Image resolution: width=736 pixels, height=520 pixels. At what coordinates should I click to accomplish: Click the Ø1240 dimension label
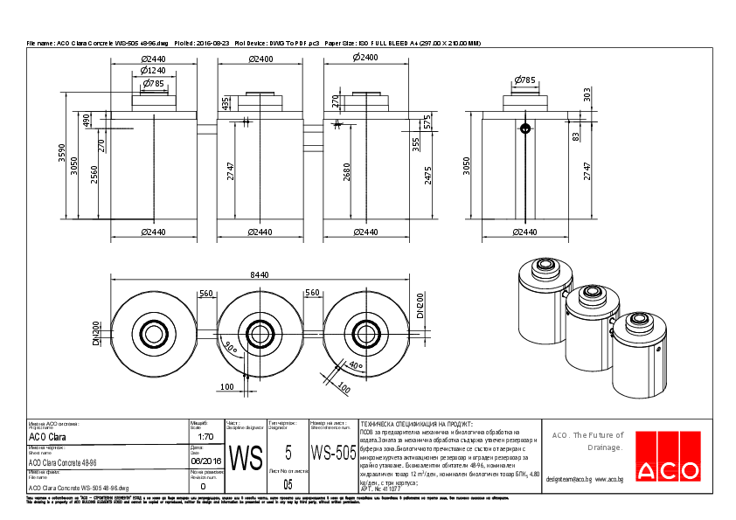[x=153, y=70]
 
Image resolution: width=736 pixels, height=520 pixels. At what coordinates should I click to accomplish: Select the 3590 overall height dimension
[x=62, y=154]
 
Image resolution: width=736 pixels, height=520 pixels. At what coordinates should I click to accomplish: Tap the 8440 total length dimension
[x=260, y=274]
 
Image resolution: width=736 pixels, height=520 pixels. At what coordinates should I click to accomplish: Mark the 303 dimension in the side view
[x=587, y=94]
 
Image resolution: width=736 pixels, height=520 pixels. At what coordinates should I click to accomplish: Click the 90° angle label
[x=231, y=347]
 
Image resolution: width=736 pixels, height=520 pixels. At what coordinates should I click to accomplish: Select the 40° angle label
[x=354, y=364]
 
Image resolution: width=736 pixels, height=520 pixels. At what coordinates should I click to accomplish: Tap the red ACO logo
[x=667, y=469]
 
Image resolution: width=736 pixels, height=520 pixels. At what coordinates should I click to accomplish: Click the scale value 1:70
[x=206, y=436]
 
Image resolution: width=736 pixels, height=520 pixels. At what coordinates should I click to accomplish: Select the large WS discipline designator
[x=246, y=457]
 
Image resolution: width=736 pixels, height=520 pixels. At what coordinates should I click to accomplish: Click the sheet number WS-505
[x=333, y=453]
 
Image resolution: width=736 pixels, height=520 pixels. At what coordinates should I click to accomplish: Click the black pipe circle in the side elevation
[x=525, y=128]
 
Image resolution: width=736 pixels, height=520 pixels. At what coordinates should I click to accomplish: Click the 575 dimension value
[x=428, y=121]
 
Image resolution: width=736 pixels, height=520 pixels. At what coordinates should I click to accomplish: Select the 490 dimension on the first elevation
[x=87, y=120]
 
